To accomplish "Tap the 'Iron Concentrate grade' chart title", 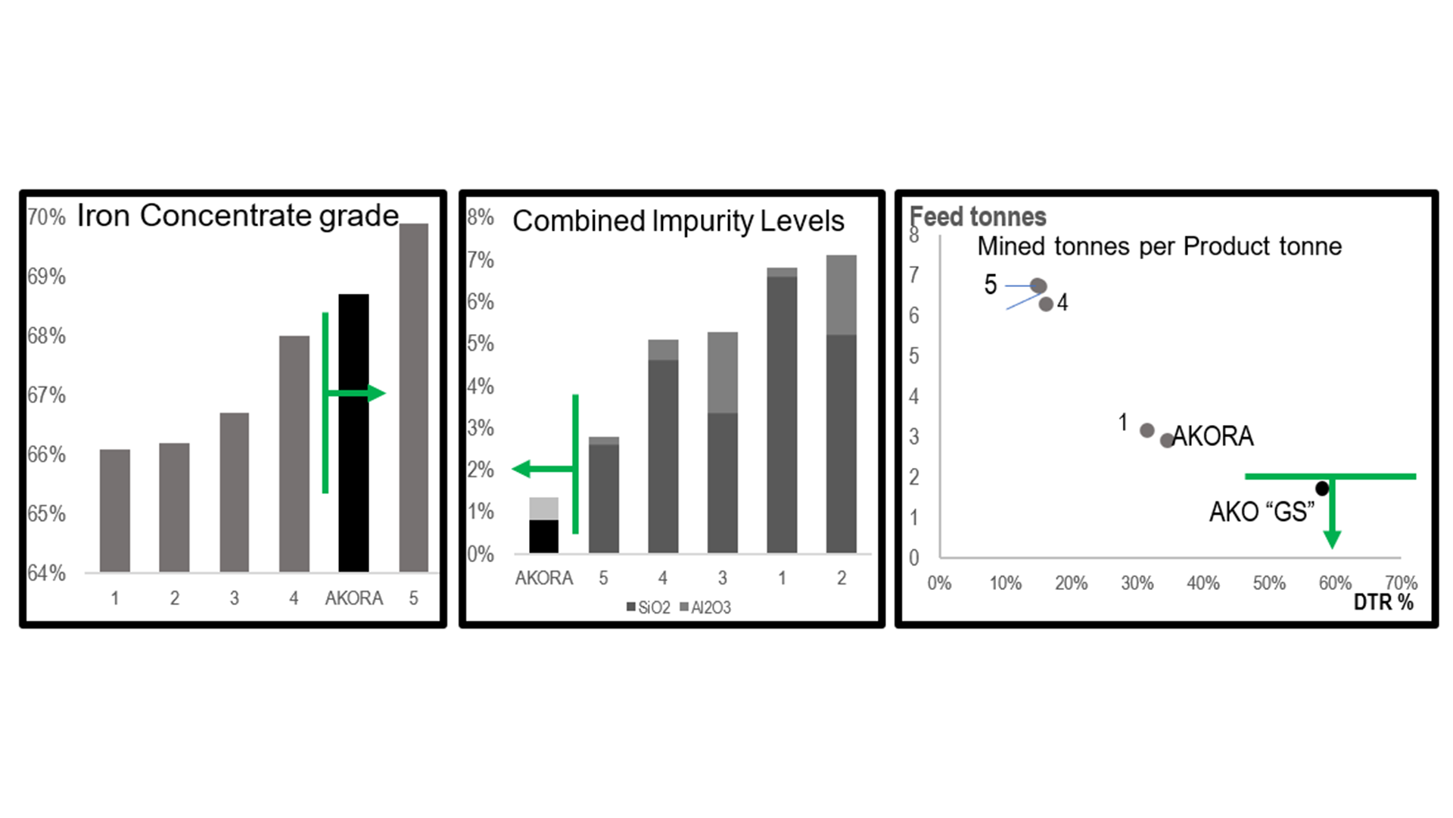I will [x=238, y=216].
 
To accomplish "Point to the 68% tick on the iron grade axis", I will [x=46, y=336].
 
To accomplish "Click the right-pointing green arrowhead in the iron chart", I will [x=375, y=393].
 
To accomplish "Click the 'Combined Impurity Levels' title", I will [x=678, y=221].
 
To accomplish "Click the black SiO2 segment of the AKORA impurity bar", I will [x=543, y=536].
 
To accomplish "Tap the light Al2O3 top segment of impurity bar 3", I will [x=722, y=372].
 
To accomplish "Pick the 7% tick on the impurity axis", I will [x=481, y=260].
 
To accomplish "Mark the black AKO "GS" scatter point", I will [x=1322, y=489].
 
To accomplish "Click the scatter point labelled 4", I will [x=1046, y=304].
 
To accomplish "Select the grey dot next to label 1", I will [x=1147, y=430].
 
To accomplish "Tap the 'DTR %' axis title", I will [x=1383, y=602].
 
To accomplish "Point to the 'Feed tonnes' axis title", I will [x=978, y=217].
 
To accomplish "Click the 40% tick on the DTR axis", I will [x=1203, y=583].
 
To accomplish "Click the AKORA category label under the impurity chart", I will [x=543, y=579].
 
